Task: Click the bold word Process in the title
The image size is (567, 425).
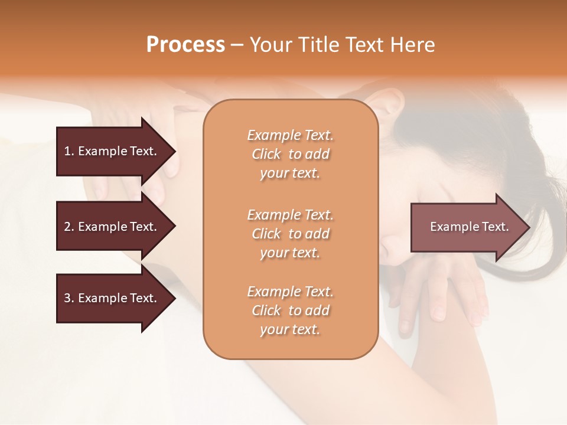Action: point(185,45)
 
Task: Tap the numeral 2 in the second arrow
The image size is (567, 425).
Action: point(67,227)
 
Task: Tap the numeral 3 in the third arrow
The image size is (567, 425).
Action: point(67,298)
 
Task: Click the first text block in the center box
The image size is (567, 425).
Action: point(290,154)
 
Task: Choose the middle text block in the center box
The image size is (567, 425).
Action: point(290,234)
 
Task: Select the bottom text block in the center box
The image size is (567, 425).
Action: point(290,310)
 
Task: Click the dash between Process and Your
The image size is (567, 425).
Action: point(237,45)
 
